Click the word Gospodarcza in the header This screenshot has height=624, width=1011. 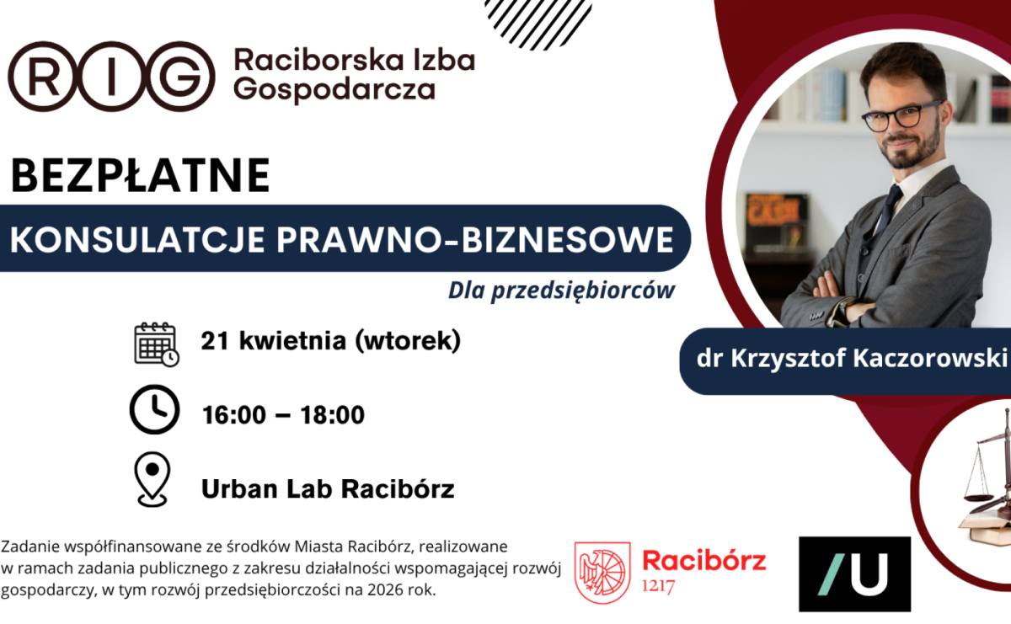tap(334, 88)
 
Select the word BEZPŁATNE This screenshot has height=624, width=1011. tap(140, 176)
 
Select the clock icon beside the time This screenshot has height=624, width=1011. tap(154, 411)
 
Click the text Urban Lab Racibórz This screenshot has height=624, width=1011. tap(328, 489)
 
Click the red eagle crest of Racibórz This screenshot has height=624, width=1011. tap(602, 572)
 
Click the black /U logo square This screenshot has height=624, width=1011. tap(854, 573)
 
